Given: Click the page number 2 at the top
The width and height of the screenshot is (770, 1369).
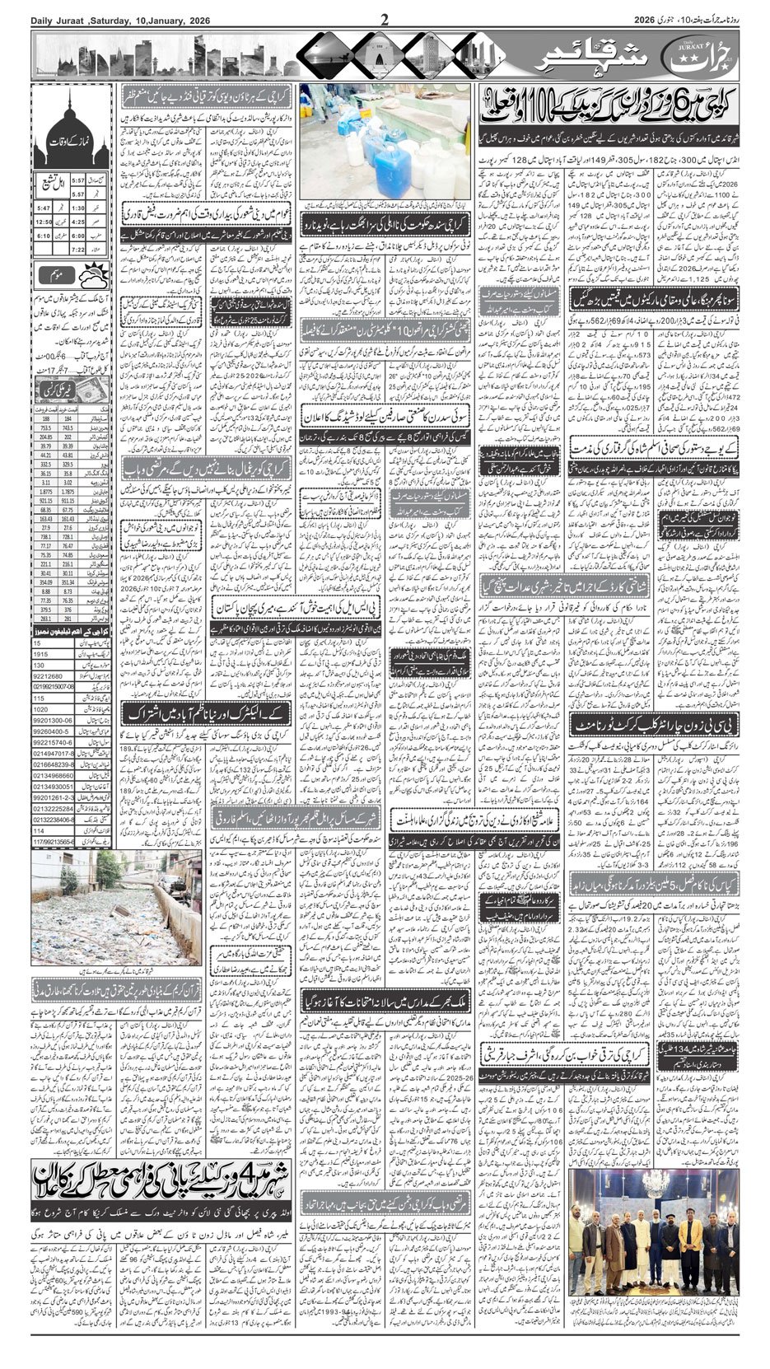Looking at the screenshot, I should coord(384,18).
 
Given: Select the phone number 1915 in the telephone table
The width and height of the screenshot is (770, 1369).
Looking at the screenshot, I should coord(42,653).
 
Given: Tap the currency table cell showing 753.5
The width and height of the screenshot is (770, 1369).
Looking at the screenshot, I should coord(44,428).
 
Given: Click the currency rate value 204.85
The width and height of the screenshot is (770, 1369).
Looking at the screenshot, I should coord(44,437).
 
